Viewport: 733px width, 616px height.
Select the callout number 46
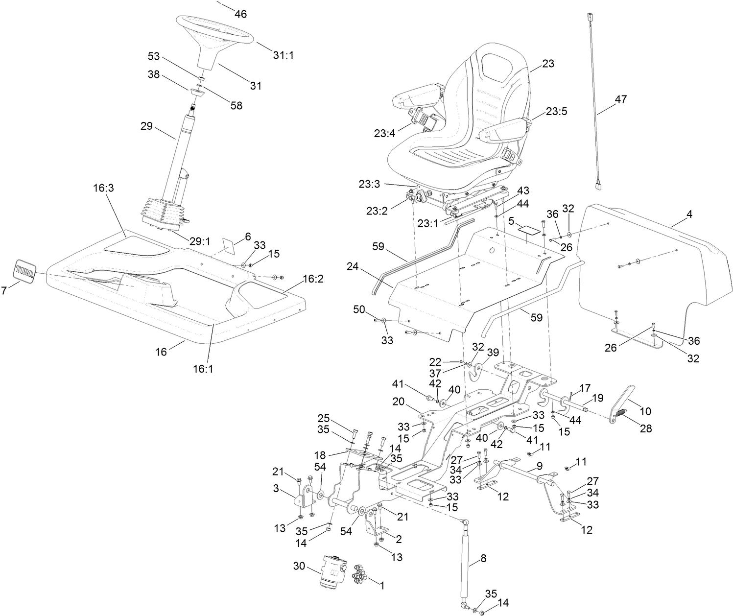[x=240, y=14]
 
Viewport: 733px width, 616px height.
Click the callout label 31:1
[x=283, y=55]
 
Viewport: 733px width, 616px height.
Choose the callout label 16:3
[x=104, y=188]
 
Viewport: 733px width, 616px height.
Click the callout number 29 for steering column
[x=147, y=126]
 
